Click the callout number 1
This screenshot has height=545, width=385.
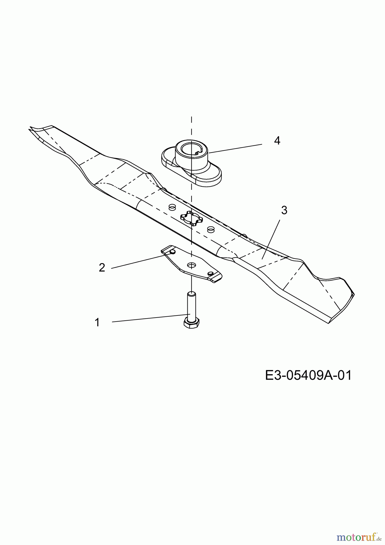[x=97, y=322]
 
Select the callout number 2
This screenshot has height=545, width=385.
[x=102, y=268]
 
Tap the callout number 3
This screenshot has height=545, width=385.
[x=284, y=210]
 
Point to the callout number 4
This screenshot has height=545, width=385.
[x=277, y=140]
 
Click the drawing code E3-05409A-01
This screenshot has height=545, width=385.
[x=308, y=375]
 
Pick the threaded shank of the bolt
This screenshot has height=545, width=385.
[x=192, y=305]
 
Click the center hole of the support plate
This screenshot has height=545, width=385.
[x=191, y=265]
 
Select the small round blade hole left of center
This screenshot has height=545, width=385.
[x=172, y=207]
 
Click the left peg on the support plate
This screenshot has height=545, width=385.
[x=172, y=252]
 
